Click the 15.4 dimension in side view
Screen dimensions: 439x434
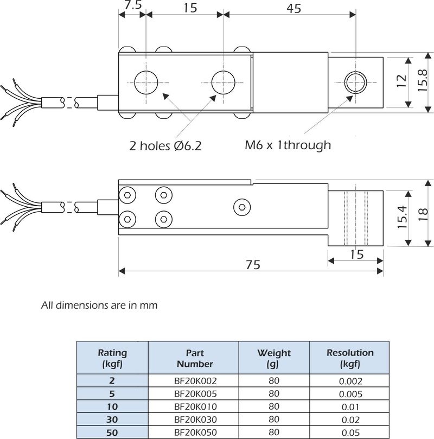pyautogui.click(x=402, y=217)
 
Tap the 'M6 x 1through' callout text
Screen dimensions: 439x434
pyautogui.click(x=288, y=145)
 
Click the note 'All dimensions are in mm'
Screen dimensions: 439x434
pyautogui.click(x=99, y=305)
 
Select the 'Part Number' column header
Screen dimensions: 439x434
pyautogui.click(x=194, y=358)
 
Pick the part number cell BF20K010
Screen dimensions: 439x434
pyautogui.click(x=194, y=406)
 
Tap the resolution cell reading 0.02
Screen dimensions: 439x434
pyautogui.click(x=350, y=419)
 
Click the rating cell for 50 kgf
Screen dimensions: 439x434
pyautogui.click(x=112, y=432)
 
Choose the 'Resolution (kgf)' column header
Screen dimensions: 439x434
pyautogui.click(x=350, y=358)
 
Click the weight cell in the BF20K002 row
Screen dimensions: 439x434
pyautogui.click(x=274, y=381)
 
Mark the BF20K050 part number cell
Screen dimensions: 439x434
pyautogui.click(x=194, y=432)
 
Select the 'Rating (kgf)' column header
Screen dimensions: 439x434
pyautogui.click(x=112, y=358)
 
